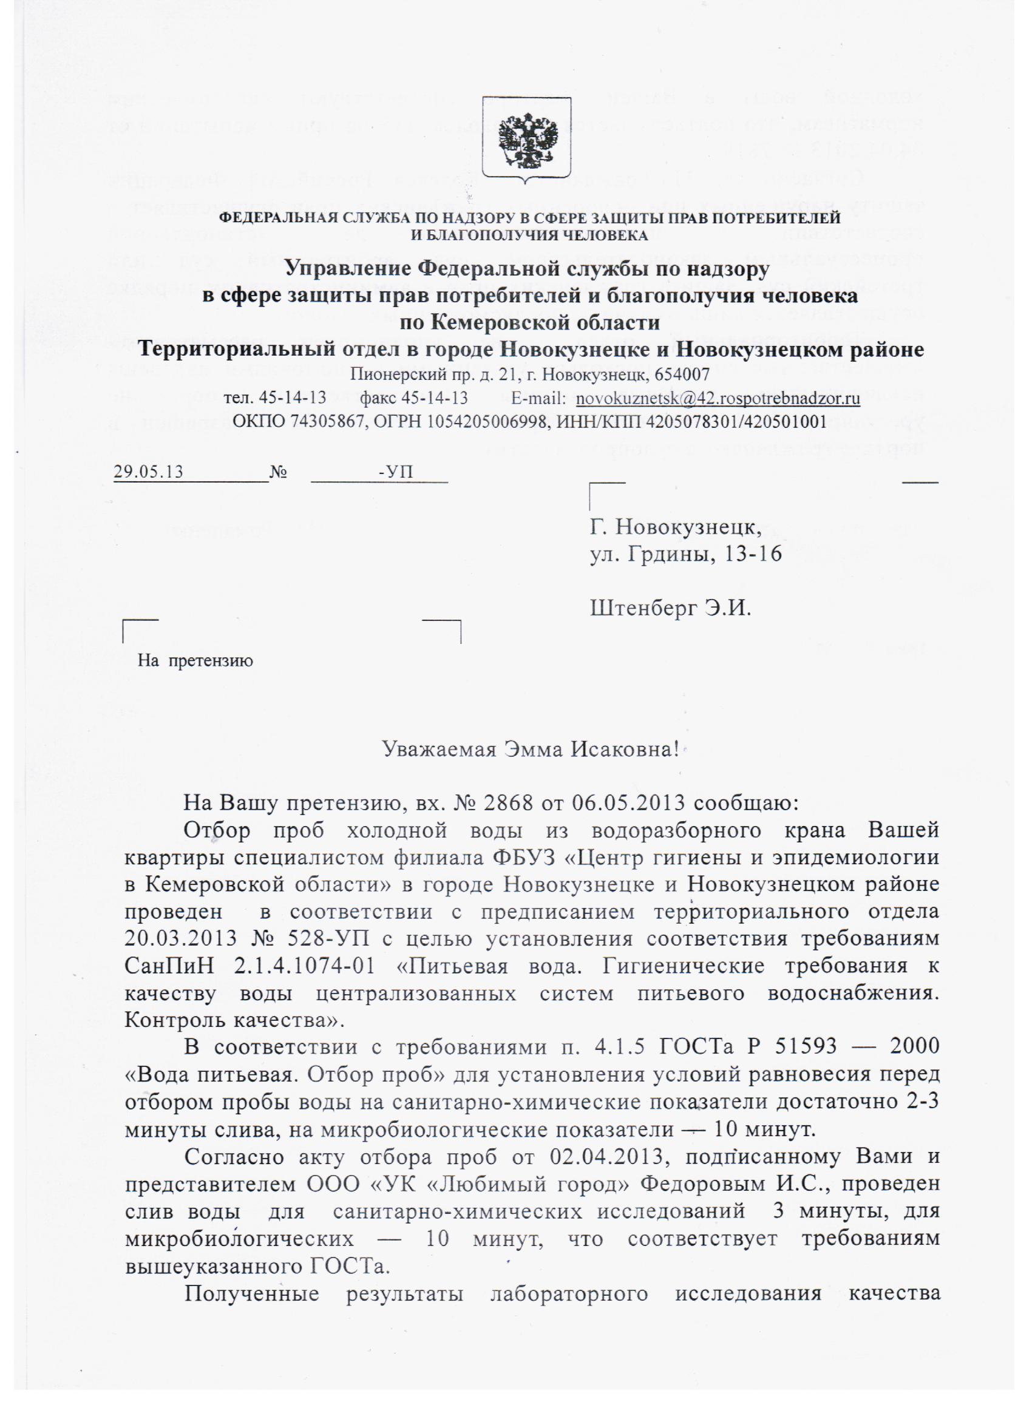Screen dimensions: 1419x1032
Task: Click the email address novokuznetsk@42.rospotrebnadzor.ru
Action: [717, 399]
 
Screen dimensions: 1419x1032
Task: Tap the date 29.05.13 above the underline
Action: [148, 472]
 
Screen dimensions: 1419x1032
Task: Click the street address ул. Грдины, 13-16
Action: [686, 554]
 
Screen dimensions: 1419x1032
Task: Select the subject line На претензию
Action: [195, 661]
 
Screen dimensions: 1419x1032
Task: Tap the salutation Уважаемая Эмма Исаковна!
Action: [531, 748]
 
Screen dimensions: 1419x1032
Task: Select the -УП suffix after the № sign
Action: [396, 472]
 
